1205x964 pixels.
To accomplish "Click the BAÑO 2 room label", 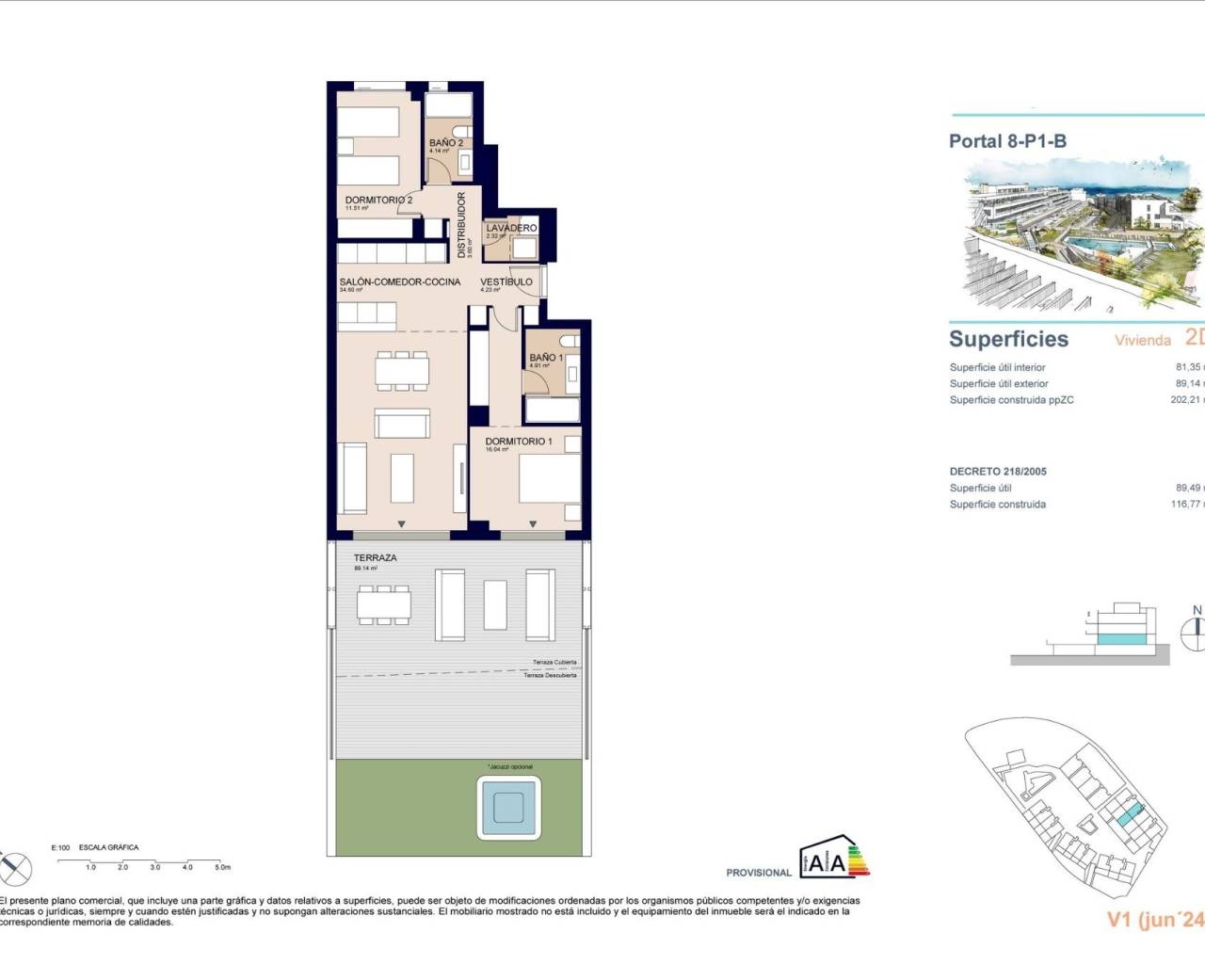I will (445, 143).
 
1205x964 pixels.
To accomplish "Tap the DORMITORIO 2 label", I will (378, 201).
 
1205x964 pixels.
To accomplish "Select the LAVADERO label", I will (511, 228).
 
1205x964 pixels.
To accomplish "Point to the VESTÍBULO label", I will (506, 281).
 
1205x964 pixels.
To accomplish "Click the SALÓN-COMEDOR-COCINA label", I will (400, 281).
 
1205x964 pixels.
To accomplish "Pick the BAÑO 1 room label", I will (546, 358).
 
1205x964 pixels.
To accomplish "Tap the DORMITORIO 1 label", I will (519, 441).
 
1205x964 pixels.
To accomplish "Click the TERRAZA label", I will (375, 557).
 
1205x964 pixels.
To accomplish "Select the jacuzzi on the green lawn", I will (509, 808).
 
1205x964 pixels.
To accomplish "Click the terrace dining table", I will (383, 602).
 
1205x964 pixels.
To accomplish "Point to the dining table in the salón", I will (402, 370).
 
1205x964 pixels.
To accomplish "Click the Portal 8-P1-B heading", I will (1007, 141).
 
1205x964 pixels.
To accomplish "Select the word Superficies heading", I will (1008, 339).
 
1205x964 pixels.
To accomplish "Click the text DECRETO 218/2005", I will (998, 471).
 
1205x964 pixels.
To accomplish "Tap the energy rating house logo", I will (834, 857).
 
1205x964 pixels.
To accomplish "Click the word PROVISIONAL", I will (759, 873).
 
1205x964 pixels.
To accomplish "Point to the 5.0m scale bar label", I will (221, 867).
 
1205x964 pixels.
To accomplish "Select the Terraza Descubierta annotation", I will (550, 675).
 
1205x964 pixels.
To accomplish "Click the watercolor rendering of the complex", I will (1083, 235).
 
